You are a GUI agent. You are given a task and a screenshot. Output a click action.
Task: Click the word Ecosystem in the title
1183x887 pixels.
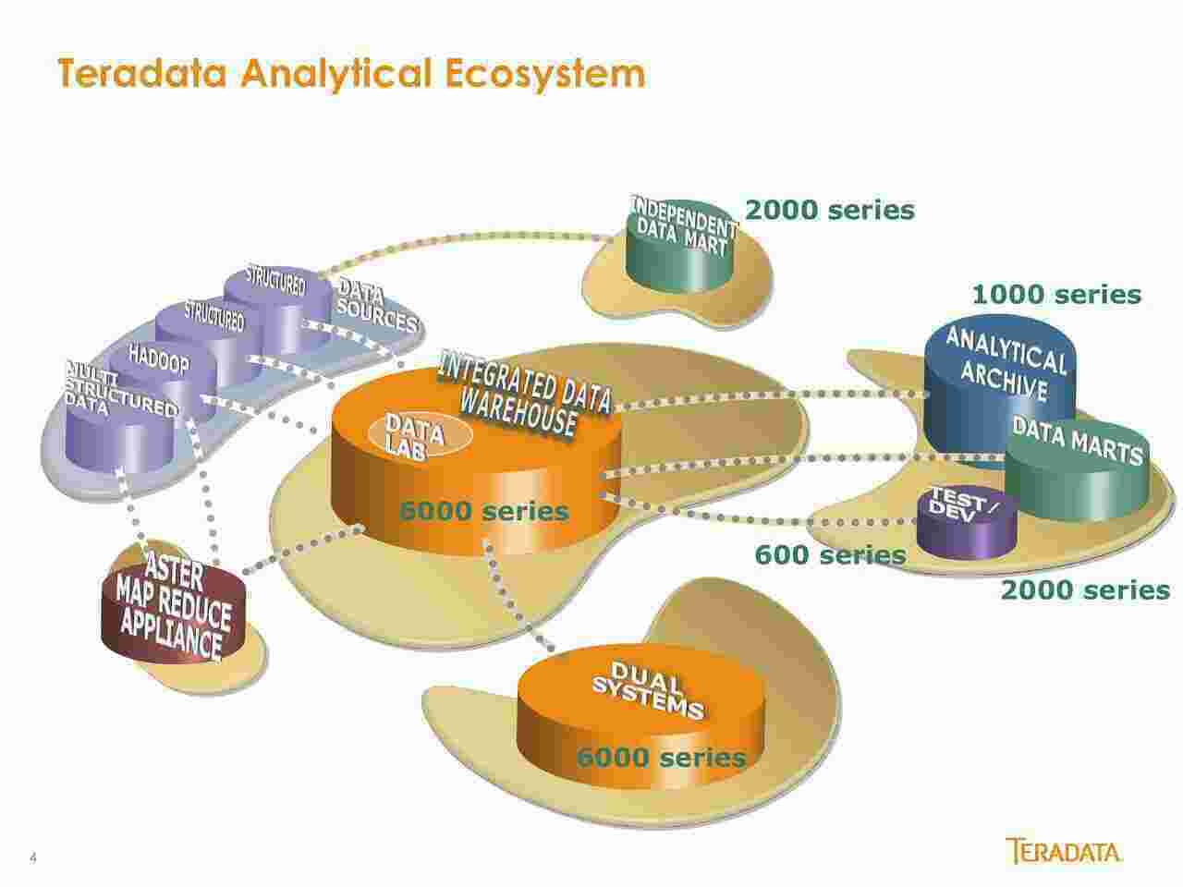[545, 74]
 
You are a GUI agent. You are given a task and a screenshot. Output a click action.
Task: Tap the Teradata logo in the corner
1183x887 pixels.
[1065, 851]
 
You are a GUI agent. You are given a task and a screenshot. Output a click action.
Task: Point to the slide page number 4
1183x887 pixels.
[34, 857]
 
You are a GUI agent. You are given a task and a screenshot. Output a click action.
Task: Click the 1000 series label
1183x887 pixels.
[1056, 295]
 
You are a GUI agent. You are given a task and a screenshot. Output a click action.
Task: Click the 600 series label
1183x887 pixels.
[830, 555]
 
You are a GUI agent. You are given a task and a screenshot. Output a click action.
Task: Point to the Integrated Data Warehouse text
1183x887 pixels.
[522, 395]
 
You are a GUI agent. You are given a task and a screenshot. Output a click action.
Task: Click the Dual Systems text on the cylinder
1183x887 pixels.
[647, 691]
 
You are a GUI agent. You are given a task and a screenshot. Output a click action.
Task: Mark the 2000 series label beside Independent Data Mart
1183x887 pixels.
[829, 211]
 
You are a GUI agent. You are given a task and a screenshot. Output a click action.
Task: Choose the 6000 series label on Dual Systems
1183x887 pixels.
[661, 759]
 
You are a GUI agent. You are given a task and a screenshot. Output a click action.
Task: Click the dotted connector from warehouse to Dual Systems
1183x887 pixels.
[518, 601]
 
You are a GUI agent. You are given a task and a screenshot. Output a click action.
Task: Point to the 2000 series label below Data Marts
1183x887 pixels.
[1085, 589]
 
